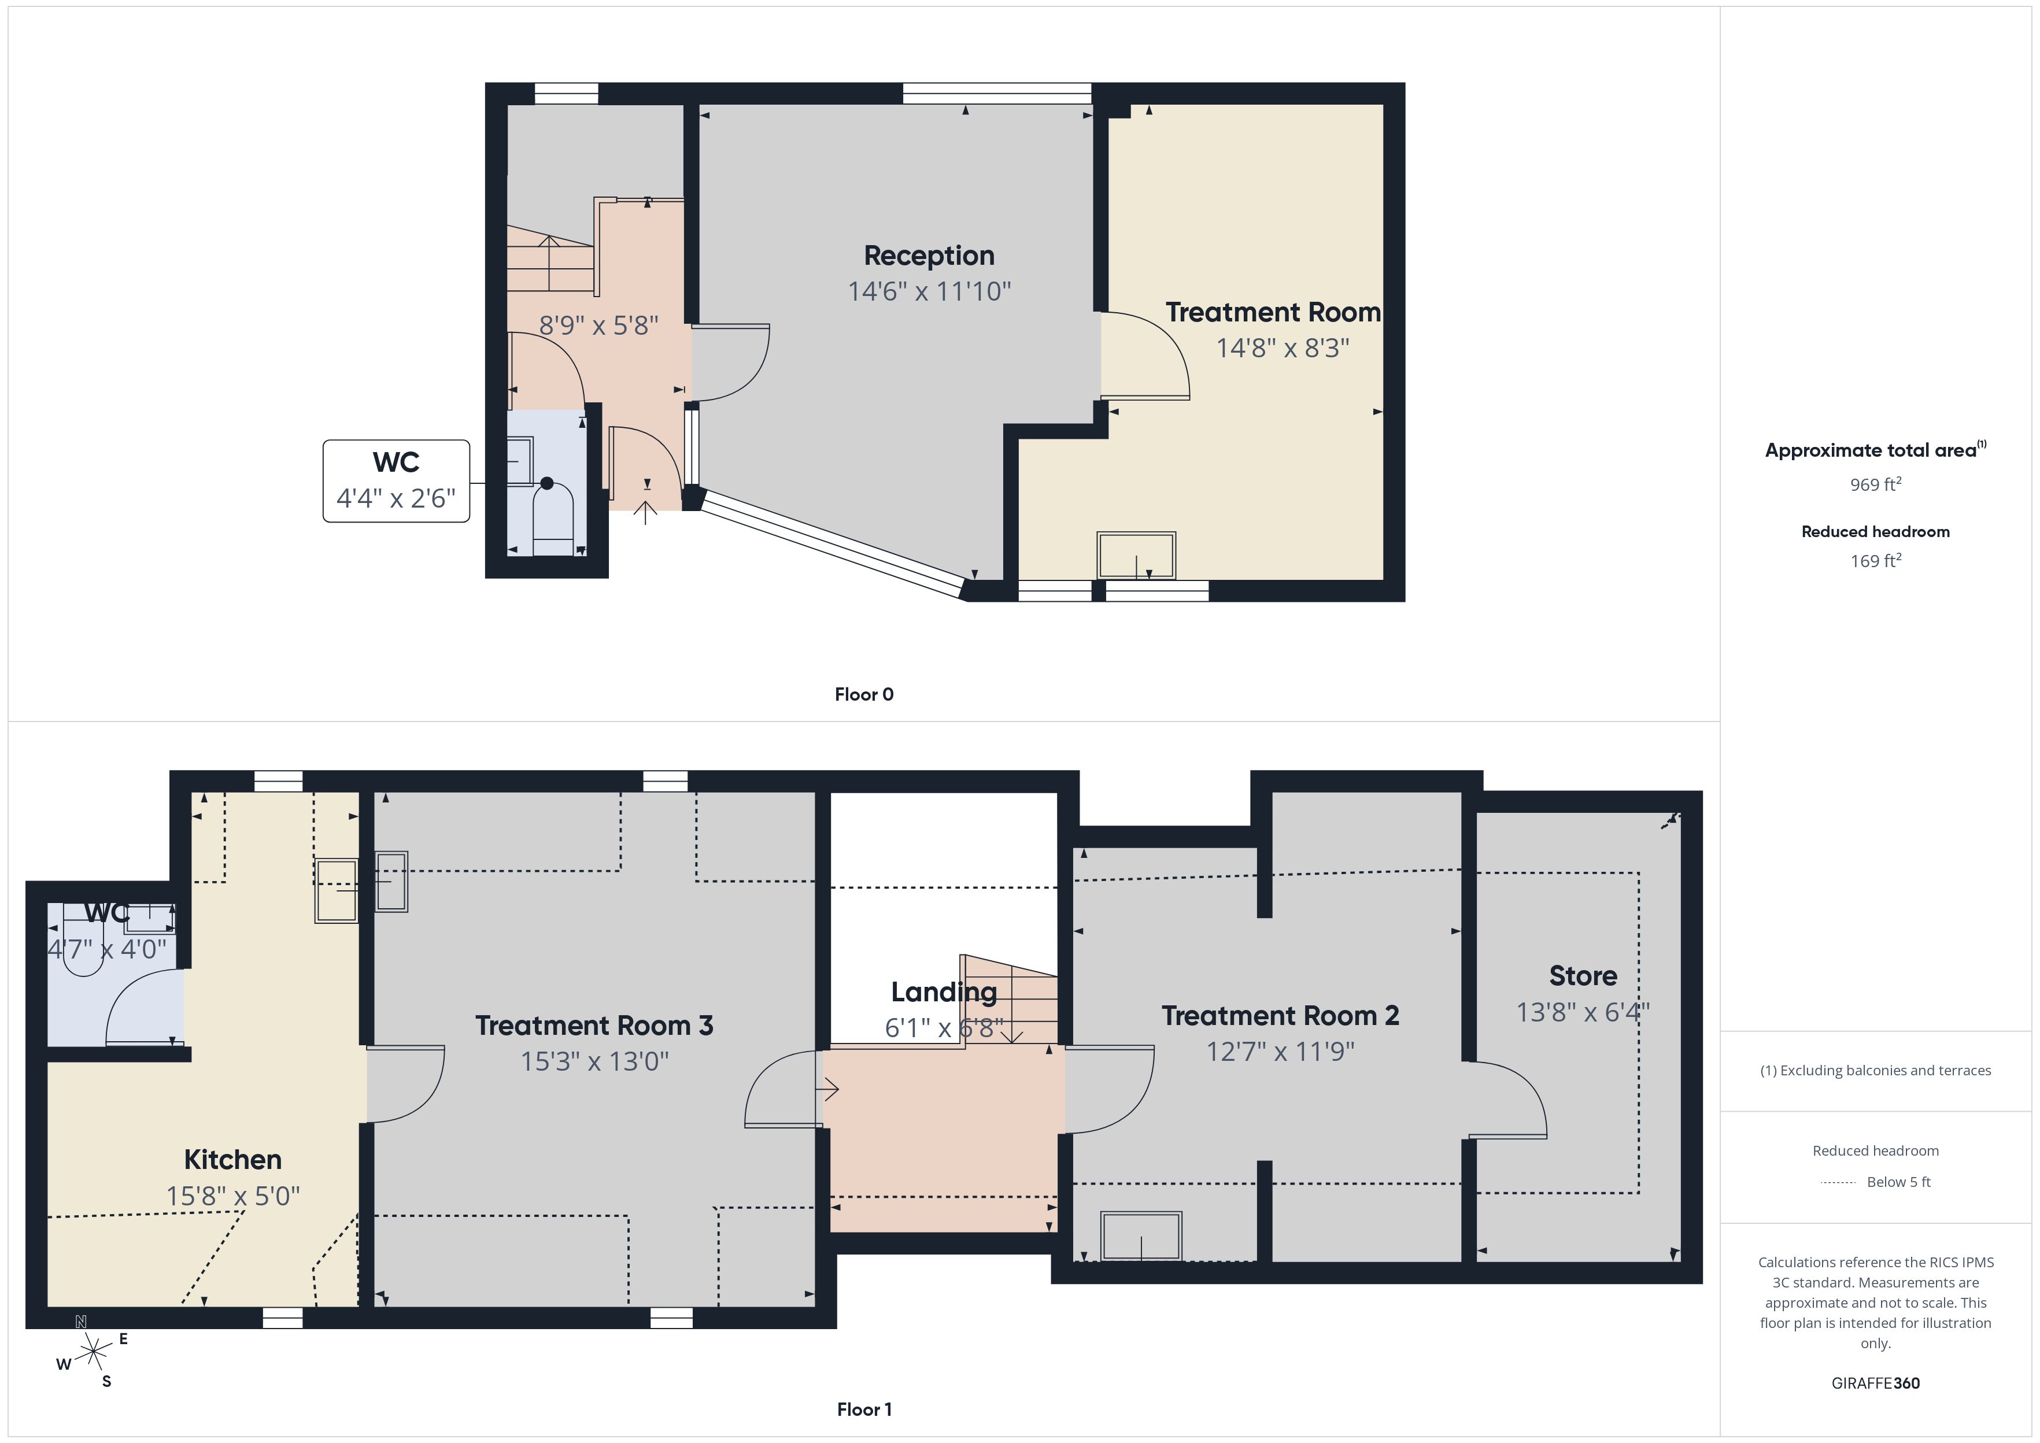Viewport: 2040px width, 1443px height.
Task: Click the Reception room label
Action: tap(929, 256)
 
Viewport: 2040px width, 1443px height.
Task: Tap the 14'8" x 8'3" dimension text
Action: tap(1282, 347)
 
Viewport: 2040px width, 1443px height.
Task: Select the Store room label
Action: tap(1583, 976)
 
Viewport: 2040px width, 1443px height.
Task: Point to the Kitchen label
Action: tap(233, 1160)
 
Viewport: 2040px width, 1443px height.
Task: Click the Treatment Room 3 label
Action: tap(594, 1026)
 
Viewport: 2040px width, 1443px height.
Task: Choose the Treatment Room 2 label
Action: tap(1280, 1016)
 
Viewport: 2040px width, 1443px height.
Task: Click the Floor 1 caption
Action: tap(864, 1409)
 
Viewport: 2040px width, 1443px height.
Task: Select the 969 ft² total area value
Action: tap(1876, 484)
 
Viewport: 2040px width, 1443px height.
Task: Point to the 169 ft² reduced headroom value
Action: tap(1876, 561)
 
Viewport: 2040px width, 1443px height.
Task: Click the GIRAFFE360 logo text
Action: tap(1876, 1383)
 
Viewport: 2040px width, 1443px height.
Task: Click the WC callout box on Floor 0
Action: tap(396, 480)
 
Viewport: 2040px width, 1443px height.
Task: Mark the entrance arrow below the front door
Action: tap(646, 513)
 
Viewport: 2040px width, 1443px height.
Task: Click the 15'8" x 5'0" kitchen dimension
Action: tap(233, 1196)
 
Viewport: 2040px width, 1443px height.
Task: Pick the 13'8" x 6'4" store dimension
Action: tap(1583, 1012)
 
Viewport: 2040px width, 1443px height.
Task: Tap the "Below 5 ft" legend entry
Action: tap(1899, 1182)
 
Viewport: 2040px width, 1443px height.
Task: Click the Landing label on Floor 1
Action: tap(944, 991)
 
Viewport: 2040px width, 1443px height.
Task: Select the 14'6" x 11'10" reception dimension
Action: tap(929, 291)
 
